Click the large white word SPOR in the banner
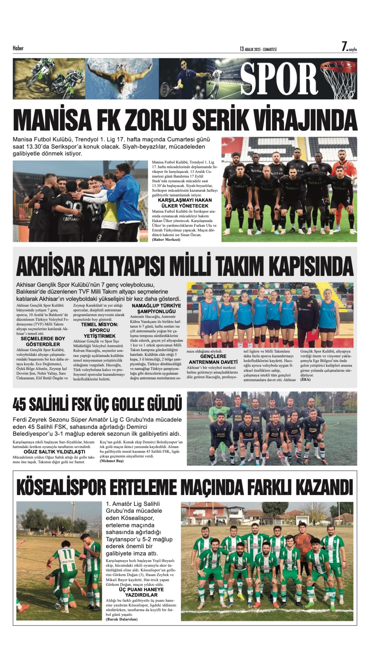(x=279, y=79)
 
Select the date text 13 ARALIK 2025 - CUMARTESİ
(x=258, y=49)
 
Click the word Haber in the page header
(x=18, y=48)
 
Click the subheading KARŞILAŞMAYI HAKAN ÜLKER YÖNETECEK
(x=185, y=203)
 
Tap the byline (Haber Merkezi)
(x=166, y=240)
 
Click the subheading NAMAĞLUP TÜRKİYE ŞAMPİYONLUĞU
(x=156, y=308)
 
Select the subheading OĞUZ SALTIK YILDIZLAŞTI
(x=54, y=452)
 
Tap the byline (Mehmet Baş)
(x=112, y=461)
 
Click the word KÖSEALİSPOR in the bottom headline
(x=61, y=487)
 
